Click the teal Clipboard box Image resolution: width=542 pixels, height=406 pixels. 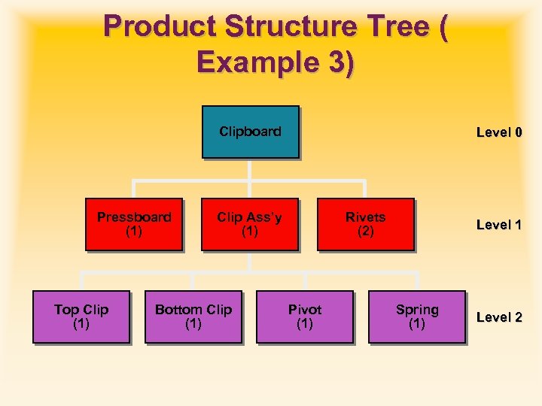point(250,132)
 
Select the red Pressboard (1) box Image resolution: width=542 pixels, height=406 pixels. point(133,224)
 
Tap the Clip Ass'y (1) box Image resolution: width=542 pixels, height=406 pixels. point(249,224)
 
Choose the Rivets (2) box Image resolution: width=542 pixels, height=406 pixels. point(365,224)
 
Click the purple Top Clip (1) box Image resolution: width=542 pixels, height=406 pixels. point(81,317)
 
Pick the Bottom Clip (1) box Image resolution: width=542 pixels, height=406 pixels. point(193,317)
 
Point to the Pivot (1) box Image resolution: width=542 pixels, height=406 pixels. point(304,317)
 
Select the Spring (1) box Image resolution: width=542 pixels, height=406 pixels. point(416,317)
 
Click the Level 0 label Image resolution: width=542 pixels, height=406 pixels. point(498,133)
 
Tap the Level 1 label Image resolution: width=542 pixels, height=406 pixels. point(498,225)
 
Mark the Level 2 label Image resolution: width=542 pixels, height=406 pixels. point(498,317)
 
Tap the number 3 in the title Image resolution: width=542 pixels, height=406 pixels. point(333,62)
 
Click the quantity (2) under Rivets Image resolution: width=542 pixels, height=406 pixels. point(365,232)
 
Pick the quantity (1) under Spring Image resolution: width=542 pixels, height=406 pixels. point(416,324)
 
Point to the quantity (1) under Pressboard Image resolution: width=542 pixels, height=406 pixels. point(133,232)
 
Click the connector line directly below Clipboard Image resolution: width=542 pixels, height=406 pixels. point(250,169)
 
